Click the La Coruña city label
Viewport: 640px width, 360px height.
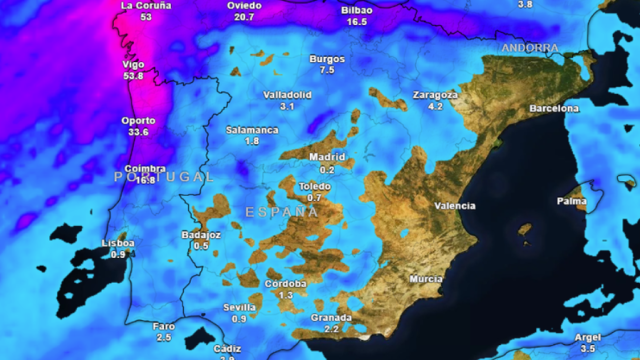(x=146, y=5)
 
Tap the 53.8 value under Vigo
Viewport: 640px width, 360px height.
(x=132, y=76)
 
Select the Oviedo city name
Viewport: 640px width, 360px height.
(x=244, y=5)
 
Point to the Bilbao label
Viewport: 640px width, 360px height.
(x=357, y=9)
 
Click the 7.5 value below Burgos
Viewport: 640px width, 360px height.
(x=327, y=70)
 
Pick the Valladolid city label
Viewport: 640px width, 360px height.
(x=287, y=94)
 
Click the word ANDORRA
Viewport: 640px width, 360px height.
(x=530, y=48)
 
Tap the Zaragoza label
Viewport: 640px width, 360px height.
(x=435, y=95)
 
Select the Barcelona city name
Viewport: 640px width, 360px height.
(x=554, y=108)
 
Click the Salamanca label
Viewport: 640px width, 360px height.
(x=252, y=130)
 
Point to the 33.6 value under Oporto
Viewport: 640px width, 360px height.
(x=138, y=132)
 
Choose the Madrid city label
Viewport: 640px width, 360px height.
(x=327, y=157)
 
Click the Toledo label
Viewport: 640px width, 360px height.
(x=314, y=186)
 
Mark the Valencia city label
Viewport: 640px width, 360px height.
(x=455, y=206)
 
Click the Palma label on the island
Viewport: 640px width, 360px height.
(x=572, y=201)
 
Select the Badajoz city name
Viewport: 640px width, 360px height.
(x=201, y=234)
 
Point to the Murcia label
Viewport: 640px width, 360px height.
(x=426, y=279)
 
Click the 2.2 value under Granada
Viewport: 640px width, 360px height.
(x=331, y=329)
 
